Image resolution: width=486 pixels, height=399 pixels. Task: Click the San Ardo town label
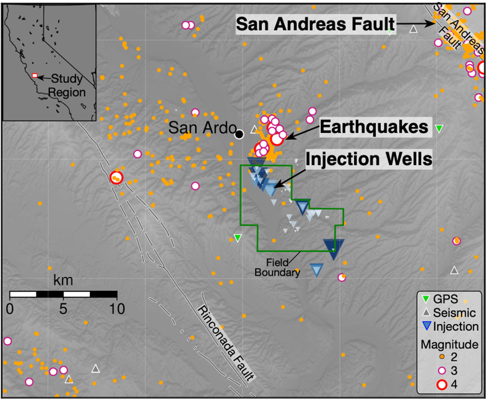202,128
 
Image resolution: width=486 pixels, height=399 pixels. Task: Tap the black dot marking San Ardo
239,134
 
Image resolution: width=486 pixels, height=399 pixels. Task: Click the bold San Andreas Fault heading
315,24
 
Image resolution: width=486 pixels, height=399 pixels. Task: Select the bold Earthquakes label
374,127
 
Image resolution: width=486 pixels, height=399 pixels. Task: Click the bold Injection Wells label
369,159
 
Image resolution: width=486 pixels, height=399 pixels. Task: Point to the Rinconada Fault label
226,343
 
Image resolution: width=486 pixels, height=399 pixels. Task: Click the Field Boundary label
277,268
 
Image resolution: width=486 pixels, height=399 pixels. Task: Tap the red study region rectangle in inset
35,76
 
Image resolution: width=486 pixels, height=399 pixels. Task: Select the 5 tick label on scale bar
63,309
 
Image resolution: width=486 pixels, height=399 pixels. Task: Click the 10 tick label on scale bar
117,309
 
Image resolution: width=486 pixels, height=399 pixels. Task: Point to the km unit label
63,280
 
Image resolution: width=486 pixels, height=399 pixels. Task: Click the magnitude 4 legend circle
442,384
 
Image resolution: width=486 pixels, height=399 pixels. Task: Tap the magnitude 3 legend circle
442,371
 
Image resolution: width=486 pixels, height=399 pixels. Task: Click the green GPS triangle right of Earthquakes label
439,129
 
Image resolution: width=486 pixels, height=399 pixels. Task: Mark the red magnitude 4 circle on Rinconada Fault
116,178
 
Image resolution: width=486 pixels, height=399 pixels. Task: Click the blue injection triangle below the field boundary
316,270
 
